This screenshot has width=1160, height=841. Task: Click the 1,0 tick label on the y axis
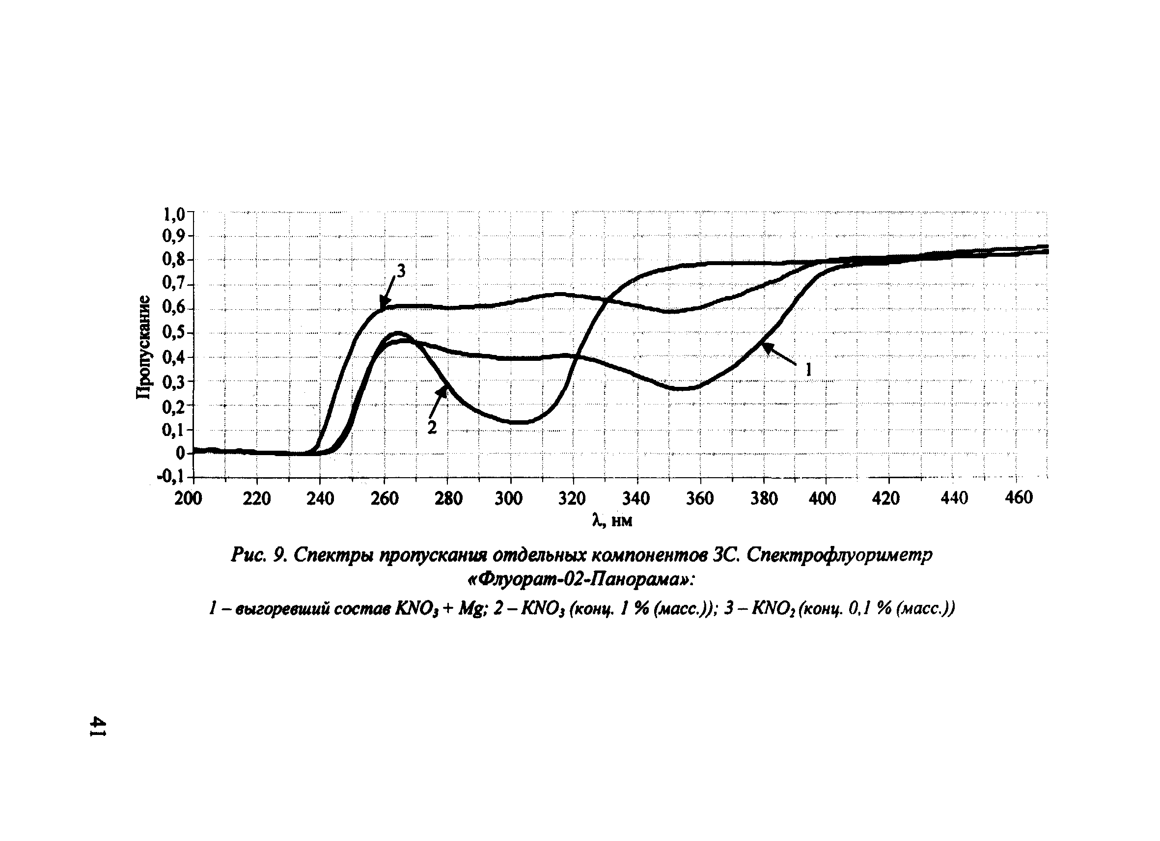[173, 215]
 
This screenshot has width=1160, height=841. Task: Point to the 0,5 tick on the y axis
[173, 333]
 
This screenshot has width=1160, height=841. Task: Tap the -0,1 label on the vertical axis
[170, 478]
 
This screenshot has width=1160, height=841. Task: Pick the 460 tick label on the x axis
[1019, 497]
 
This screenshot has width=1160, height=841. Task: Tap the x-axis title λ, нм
[612, 520]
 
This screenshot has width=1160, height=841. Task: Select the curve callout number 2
[432, 428]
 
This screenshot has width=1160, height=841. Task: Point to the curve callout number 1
[808, 370]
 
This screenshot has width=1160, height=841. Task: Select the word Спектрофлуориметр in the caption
[839, 555]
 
